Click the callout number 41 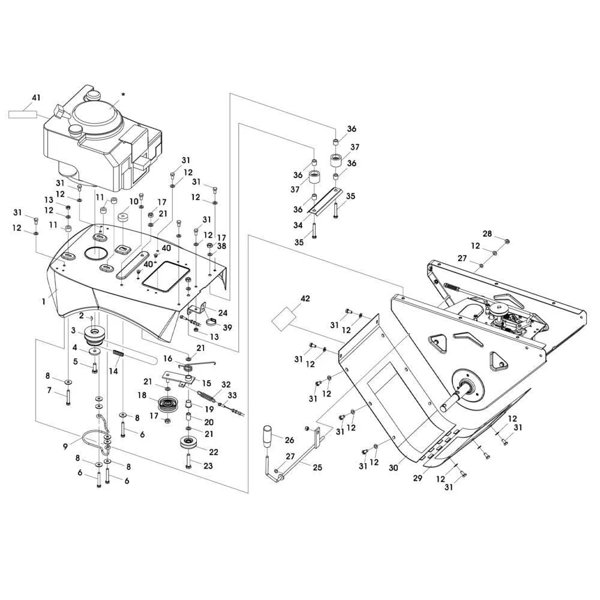click(35, 98)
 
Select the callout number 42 click(305, 298)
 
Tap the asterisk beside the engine click(123, 95)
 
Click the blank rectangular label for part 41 click(23, 114)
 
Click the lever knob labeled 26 click(268, 436)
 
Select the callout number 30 click(394, 467)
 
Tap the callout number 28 click(487, 233)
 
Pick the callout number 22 click(214, 452)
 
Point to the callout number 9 click(65, 446)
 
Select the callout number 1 click(44, 302)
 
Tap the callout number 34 click(298, 225)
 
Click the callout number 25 click(317, 467)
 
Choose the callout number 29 click(418, 478)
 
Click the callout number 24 click(223, 313)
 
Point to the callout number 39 click(227, 328)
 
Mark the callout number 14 click(113, 371)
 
